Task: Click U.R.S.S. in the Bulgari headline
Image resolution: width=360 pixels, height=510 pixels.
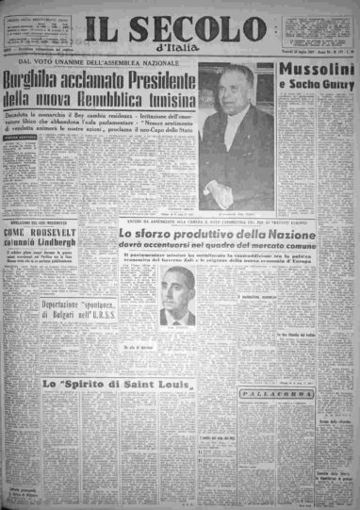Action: tap(90, 345)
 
